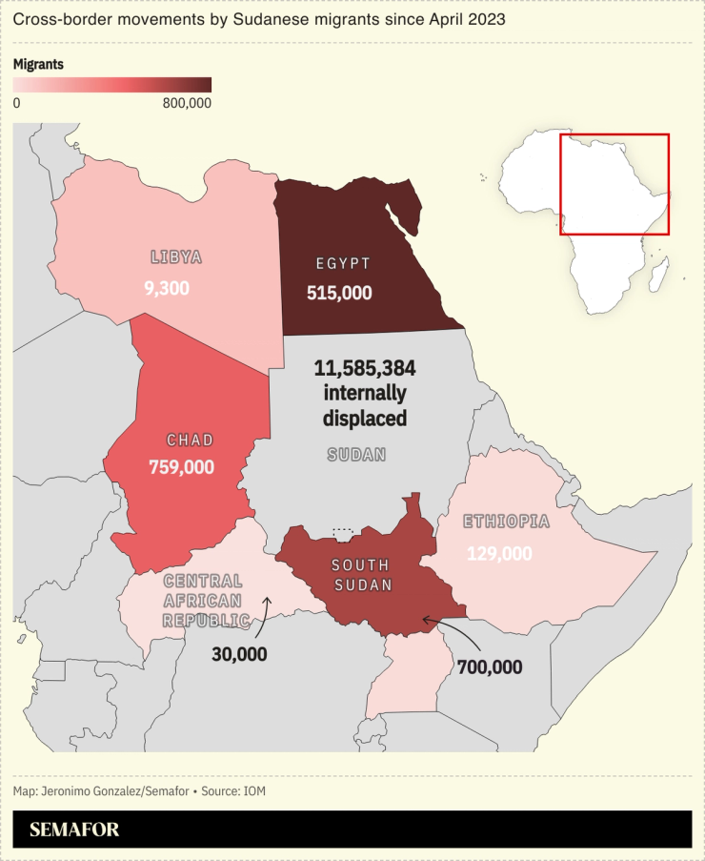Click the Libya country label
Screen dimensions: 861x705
click(x=176, y=256)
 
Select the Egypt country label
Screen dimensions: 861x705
click(x=342, y=263)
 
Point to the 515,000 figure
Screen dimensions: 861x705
click(x=339, y=293)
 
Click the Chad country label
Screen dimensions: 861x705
click(x=190, y=441)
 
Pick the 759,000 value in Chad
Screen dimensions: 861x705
click(x=181, y=467)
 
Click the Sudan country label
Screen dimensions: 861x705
click(x=356, y=455)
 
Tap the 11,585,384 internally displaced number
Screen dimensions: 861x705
click(x=365, y=368)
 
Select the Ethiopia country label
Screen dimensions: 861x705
click(x=506, y=522)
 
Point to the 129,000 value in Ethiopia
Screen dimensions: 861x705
click(x=499, y=553)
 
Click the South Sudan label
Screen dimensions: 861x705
click(x=361, y=575)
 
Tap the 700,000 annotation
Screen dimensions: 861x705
click(x=490, y=667)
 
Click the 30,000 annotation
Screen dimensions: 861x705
click(x=239, y=654)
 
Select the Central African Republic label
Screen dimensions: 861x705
click(x=203, y=601)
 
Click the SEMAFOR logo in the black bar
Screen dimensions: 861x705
click(x=74, y=830)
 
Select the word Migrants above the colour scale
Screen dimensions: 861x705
click(x=38, y=65)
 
